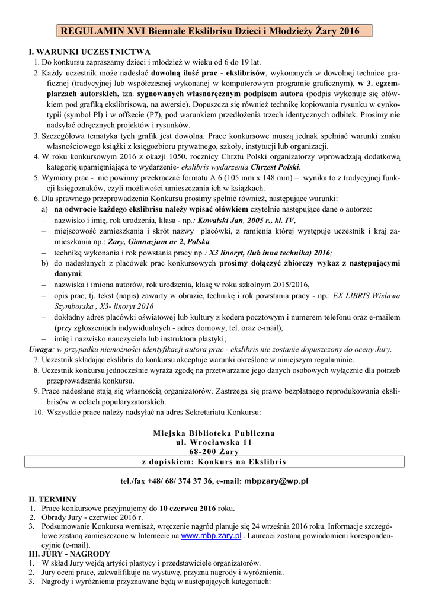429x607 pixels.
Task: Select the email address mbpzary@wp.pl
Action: [x=277, y=481]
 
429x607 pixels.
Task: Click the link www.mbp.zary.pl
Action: [x=210, y=535]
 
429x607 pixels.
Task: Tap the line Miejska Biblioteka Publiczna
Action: [x=214, y=433]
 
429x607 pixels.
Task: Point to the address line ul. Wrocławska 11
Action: [x=214, y=442]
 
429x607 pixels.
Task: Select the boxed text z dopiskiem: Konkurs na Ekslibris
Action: [x=214, y=461]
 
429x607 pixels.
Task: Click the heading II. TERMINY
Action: [x=53, y=499]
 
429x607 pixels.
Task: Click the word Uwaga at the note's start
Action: [x=41, y=349]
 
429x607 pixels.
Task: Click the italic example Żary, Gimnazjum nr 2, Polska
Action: [x=158, y=242]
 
